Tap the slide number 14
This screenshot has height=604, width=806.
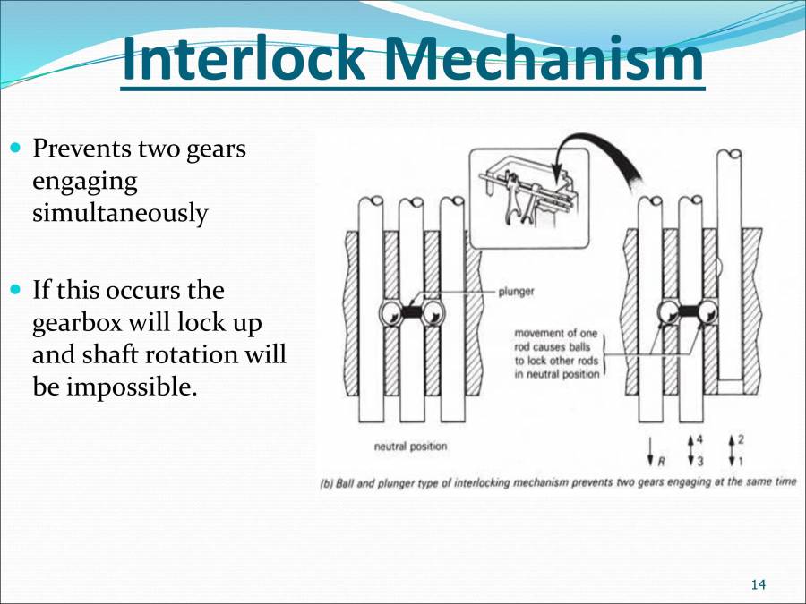point(758,584)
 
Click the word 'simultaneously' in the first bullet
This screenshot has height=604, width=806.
point(119,214)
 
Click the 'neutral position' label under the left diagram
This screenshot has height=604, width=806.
point(410,446)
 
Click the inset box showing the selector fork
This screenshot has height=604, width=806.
point(529,196)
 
